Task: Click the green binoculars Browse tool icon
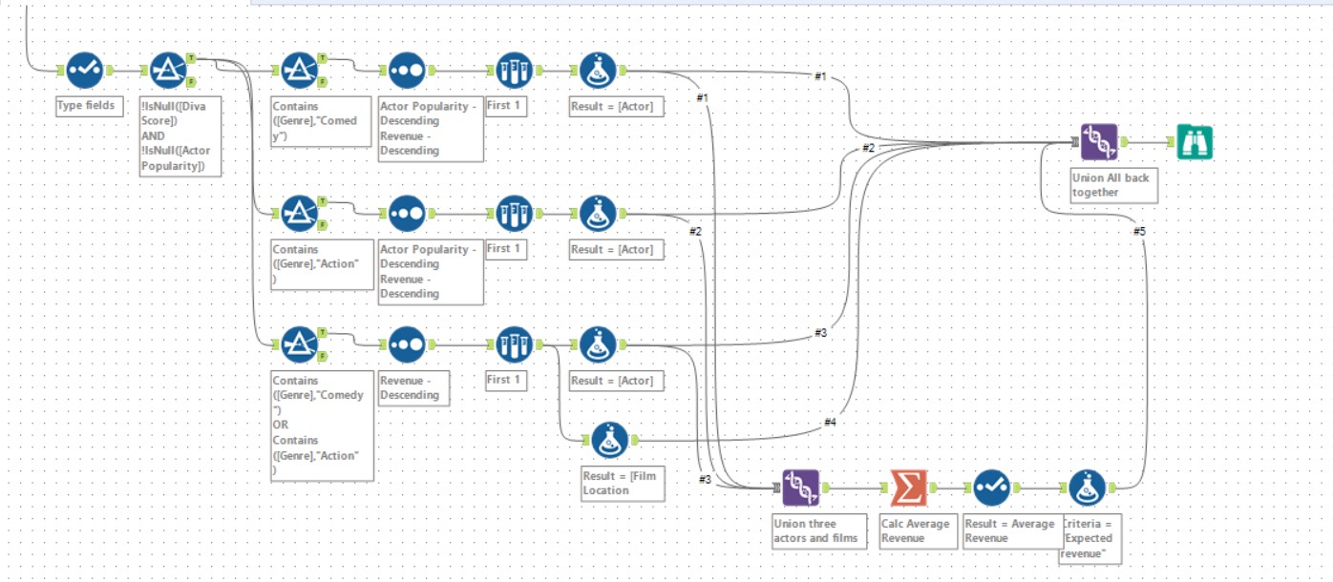[1194, 142]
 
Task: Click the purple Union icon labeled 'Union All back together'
[1098, 142]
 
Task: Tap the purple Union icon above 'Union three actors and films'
[800, 488]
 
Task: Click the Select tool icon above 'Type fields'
[84, 70]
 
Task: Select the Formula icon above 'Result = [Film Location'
[609, 440]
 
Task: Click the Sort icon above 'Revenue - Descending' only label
[407, 343]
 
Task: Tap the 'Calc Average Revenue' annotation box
[917, 530]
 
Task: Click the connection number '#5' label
[1138, 231]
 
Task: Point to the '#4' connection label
[829, 422]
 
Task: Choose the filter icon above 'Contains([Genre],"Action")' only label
[301, 212]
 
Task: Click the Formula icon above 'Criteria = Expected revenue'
[1087, 488]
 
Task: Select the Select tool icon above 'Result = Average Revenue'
[991, 488]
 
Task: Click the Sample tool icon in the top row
[514, 70]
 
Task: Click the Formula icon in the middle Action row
[598, 212]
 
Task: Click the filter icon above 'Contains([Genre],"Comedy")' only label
[301, 70]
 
